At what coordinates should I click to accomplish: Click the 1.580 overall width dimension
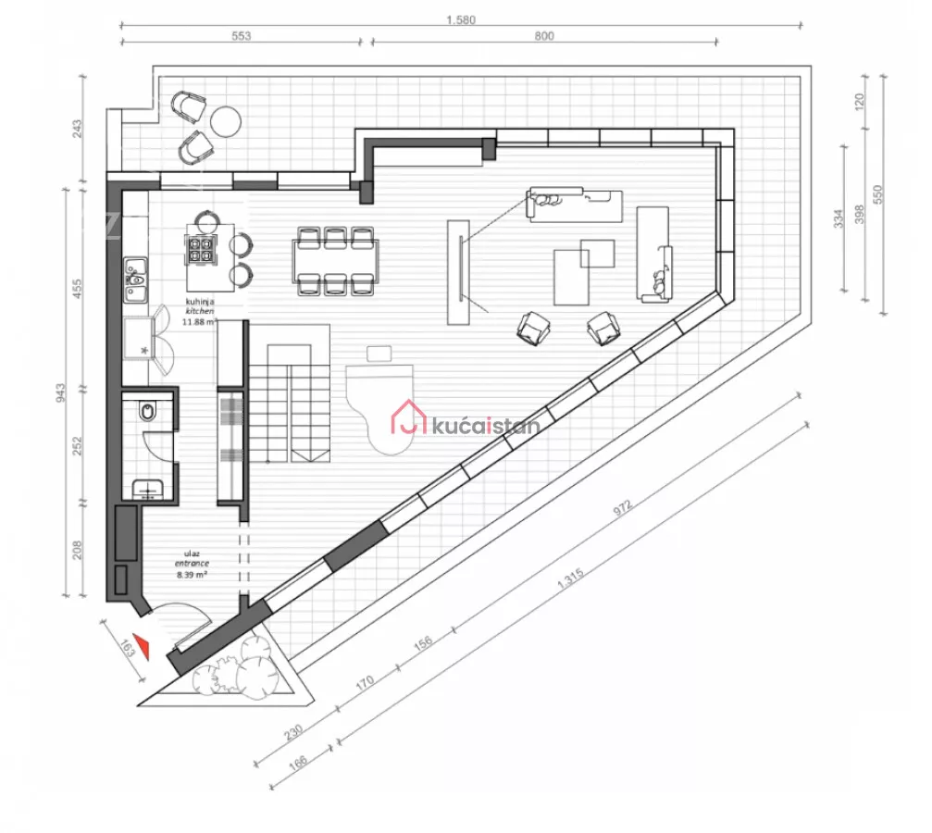[461, 20]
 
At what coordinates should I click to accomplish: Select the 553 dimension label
[241, 36]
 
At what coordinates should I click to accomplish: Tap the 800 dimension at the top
[544, 36]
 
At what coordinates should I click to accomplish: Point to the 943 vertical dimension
[61, 392]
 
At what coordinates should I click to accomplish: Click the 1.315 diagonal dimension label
[570, 578]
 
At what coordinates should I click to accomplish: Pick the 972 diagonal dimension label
[622, 508]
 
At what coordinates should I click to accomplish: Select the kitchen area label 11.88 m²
[199, 322]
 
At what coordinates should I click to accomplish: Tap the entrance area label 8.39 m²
[192, 575]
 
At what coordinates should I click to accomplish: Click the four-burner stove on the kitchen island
[200, 249]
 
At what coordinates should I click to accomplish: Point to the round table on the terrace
[226, 121]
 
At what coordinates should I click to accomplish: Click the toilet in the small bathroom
[147, 412]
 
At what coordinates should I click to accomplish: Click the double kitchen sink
[135, 280]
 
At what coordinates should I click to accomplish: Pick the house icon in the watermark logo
[409, 416]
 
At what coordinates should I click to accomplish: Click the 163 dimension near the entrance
[127, 648]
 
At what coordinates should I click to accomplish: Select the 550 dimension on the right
[878, 194]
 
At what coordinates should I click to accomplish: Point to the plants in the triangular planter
[236, 666]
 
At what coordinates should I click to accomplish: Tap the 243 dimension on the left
[77, 129]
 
